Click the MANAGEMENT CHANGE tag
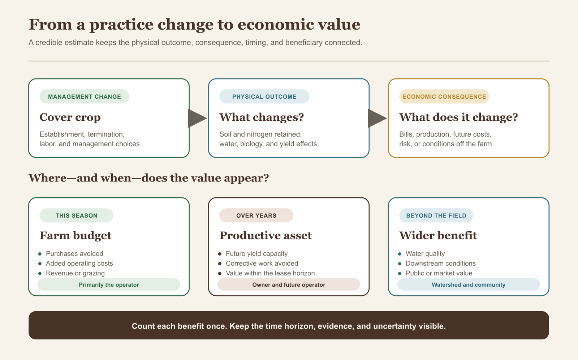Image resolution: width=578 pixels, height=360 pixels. pyautogui.click(x=85, y=97)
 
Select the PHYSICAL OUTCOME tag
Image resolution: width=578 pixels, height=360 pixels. pyautogui.click(x=264, y=97)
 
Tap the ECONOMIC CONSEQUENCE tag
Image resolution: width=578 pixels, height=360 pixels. pyautogui.click(x=444, y=97)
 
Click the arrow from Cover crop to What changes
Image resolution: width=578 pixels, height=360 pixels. pyautogui.click(x=197, y=118)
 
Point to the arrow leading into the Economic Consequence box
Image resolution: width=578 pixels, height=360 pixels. pyautogui.click(x=377, y=118)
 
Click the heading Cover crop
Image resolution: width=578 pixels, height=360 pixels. pyautogui.click(x=70, y=117)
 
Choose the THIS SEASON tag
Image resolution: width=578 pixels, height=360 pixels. pyautogui.click(x=76, y=215)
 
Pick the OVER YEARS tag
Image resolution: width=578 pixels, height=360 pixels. pyautogui.click(x=256, y=215)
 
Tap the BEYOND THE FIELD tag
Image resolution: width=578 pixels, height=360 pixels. pyautogui.click(x=436, y=215)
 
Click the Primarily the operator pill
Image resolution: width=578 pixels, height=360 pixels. pyautogui.click(x=109, y=284)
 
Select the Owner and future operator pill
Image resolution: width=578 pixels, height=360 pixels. pyautogui.click(x=289, y=284)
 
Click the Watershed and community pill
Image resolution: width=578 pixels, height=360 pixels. pyautogui.click(x=469, y=284)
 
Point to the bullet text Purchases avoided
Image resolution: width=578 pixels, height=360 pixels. pyautogui.click(x=74, y=254)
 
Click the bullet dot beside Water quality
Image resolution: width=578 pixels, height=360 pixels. pyautogui.click(x=400, y=254)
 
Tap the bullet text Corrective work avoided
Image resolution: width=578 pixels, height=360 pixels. pyautogui.click(x=262, y=263)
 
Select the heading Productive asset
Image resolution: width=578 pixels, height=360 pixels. pyautogui.click(x=266, y=236)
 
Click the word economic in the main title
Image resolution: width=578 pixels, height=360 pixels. pyautogui.click(x=275, y=25)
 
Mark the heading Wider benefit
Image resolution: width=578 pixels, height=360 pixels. pyautogui.click(x=438, y=236)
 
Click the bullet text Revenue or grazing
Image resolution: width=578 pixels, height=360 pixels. pyautogui.click(x=76, y=273)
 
